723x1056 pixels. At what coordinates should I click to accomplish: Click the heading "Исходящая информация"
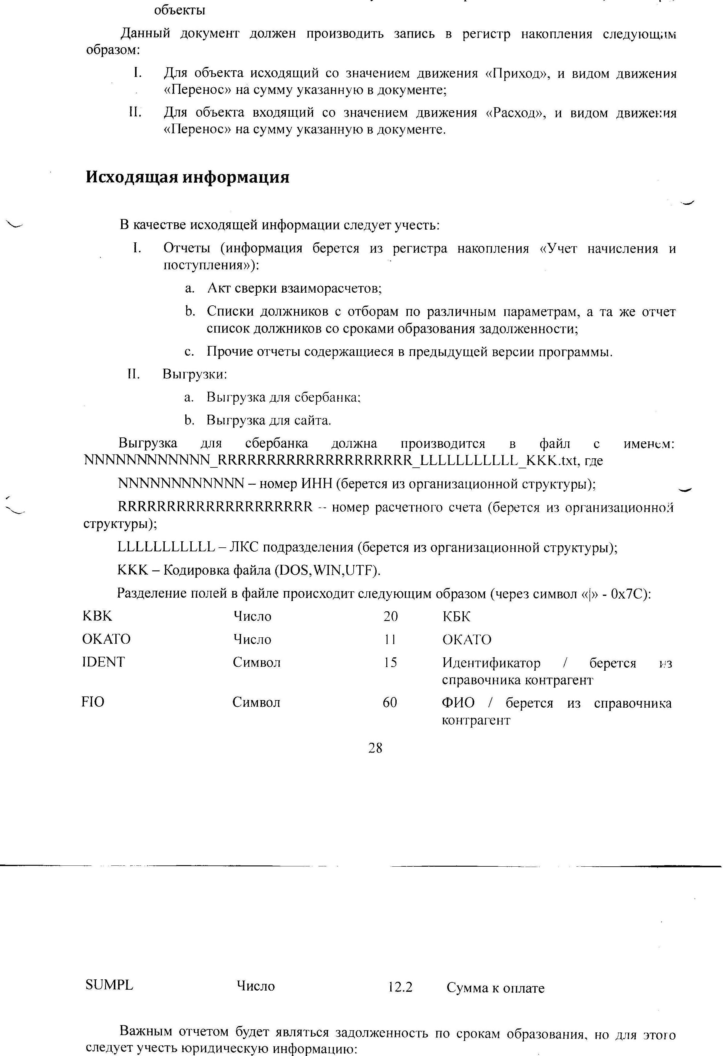coord(187,177)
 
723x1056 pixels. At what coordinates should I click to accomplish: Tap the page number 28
coord(375,748)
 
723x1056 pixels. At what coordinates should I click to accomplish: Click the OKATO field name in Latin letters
coord(106,639)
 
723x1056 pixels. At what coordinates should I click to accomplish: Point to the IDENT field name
coord(104,662)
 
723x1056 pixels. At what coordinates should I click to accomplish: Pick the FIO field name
coord(93,702)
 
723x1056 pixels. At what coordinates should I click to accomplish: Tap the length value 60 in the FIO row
coord(390,702)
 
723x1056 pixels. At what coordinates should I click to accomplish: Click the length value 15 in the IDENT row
coord(390,662)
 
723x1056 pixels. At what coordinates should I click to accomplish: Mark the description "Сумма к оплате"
coord(495,988)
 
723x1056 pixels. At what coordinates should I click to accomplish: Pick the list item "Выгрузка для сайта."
coord(269,420)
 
